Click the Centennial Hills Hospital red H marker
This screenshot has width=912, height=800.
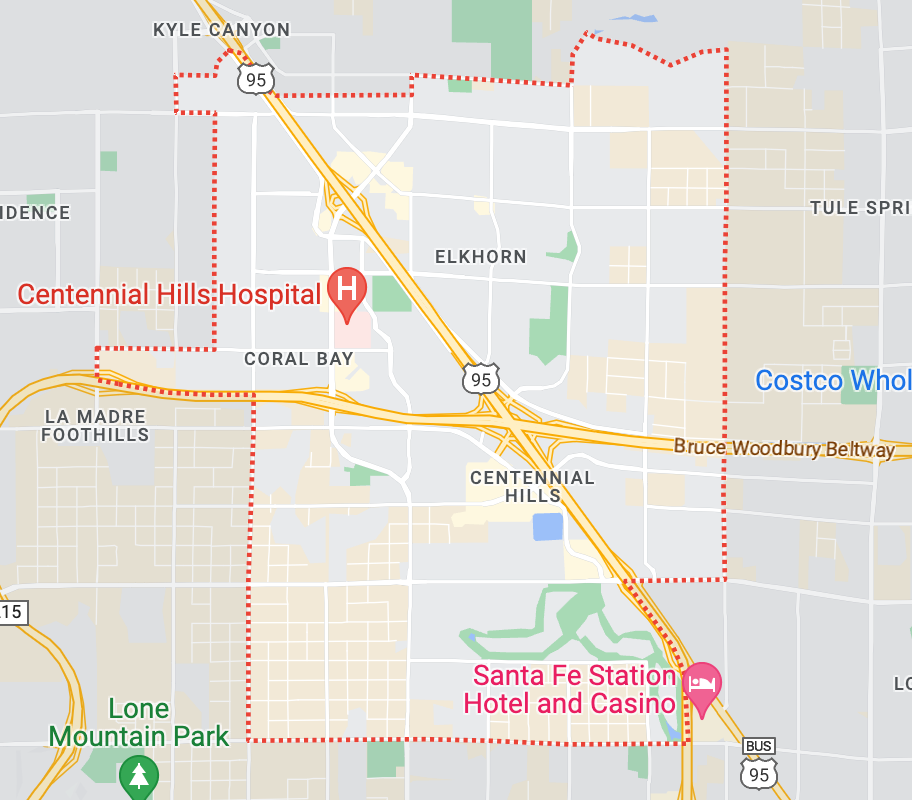(347, 289)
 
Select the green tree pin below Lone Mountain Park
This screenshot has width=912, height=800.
(138, 776)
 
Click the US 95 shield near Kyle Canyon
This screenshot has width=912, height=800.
(256, 78)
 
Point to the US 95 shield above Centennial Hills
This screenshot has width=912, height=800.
(481, 379)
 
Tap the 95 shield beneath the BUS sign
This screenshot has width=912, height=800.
(758, 772)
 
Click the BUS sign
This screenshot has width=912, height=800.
(758, 747)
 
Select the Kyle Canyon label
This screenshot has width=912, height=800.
(221, 30)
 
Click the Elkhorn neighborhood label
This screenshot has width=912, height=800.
(480, 257)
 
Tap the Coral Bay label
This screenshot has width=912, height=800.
(299, 358)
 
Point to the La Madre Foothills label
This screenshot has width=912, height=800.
(96, 425)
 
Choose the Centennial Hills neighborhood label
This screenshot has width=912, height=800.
(532, 487)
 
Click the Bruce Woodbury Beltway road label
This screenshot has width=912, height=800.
(784, 448)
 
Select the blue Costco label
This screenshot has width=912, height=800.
(833, 381)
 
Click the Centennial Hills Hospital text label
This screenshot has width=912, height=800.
(169, 294)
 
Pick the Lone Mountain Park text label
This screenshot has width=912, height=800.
(138, 723)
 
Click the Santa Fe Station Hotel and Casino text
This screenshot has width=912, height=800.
(570, 690)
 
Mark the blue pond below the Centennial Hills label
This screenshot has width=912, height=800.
(547, 526)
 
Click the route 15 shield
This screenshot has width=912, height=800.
(13, 612)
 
